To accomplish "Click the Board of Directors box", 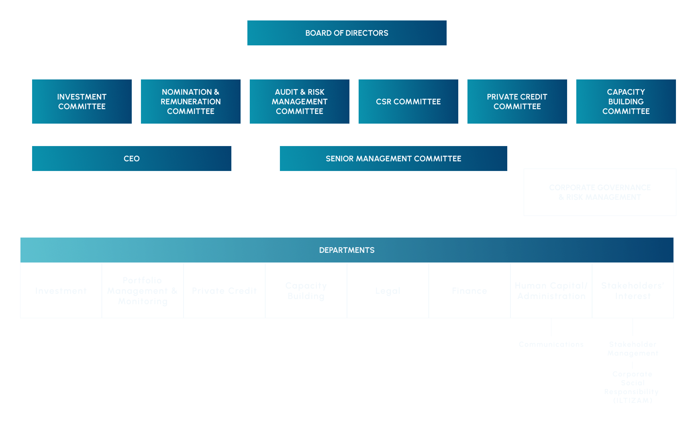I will (347, 33).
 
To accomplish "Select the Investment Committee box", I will (82, 102).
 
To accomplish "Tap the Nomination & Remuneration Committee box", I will (191, 102).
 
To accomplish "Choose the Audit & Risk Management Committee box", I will (300, 102).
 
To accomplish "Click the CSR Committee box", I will (408, 102).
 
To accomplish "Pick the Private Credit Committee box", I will (517, 102).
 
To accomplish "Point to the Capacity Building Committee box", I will (626, 102).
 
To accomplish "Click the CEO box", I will (132, 159).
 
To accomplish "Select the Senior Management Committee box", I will (394, 159).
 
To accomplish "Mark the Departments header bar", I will (347, 250).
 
